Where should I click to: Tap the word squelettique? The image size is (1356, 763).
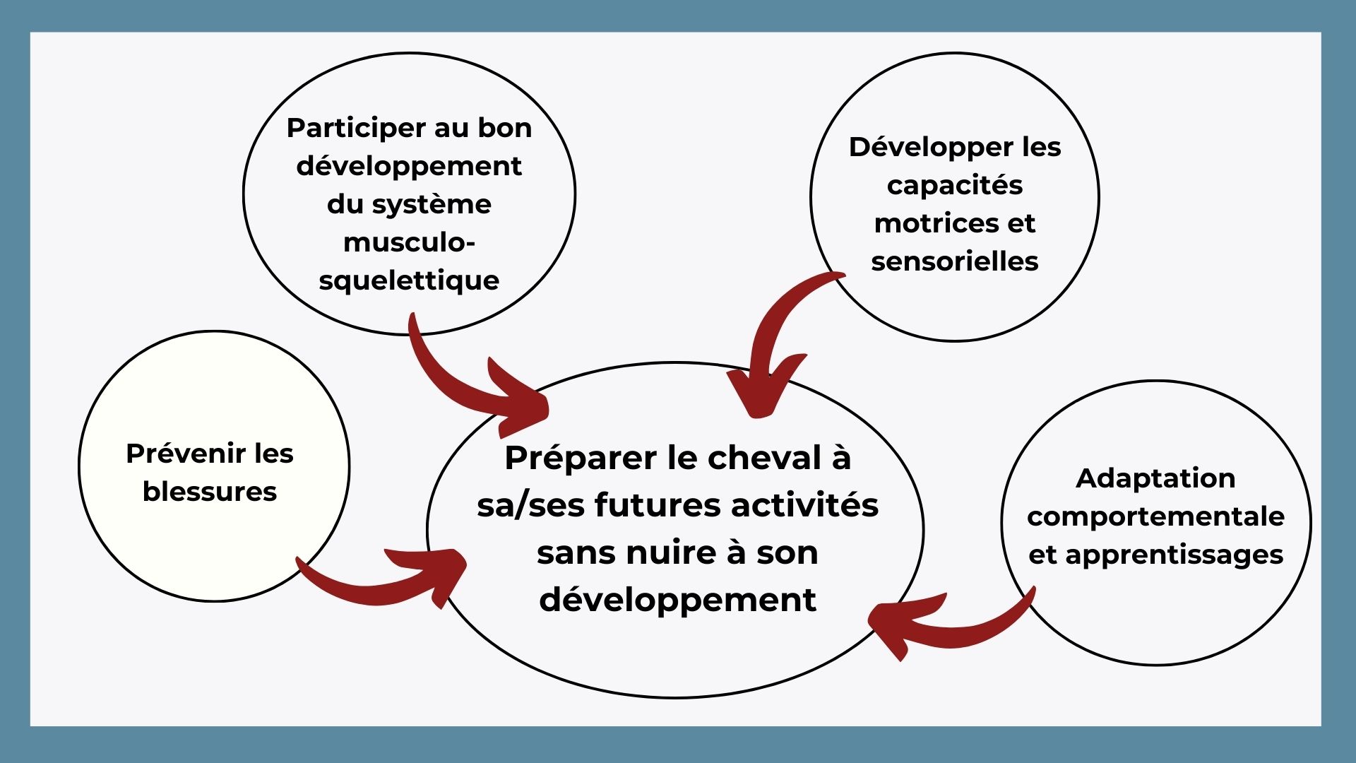(x=409, y=281)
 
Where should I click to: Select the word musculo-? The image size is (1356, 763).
(x=409, y=242)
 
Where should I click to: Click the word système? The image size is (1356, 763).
(x=432, y=205)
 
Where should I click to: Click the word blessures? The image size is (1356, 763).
(x=210, y=492)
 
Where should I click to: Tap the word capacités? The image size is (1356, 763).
(x=955, y=186)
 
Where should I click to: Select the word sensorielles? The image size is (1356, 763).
(x=955, y=261)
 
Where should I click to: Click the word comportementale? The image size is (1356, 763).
(x=1155, y=517)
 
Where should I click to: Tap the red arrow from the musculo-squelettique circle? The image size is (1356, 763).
(x=459, y=389)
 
